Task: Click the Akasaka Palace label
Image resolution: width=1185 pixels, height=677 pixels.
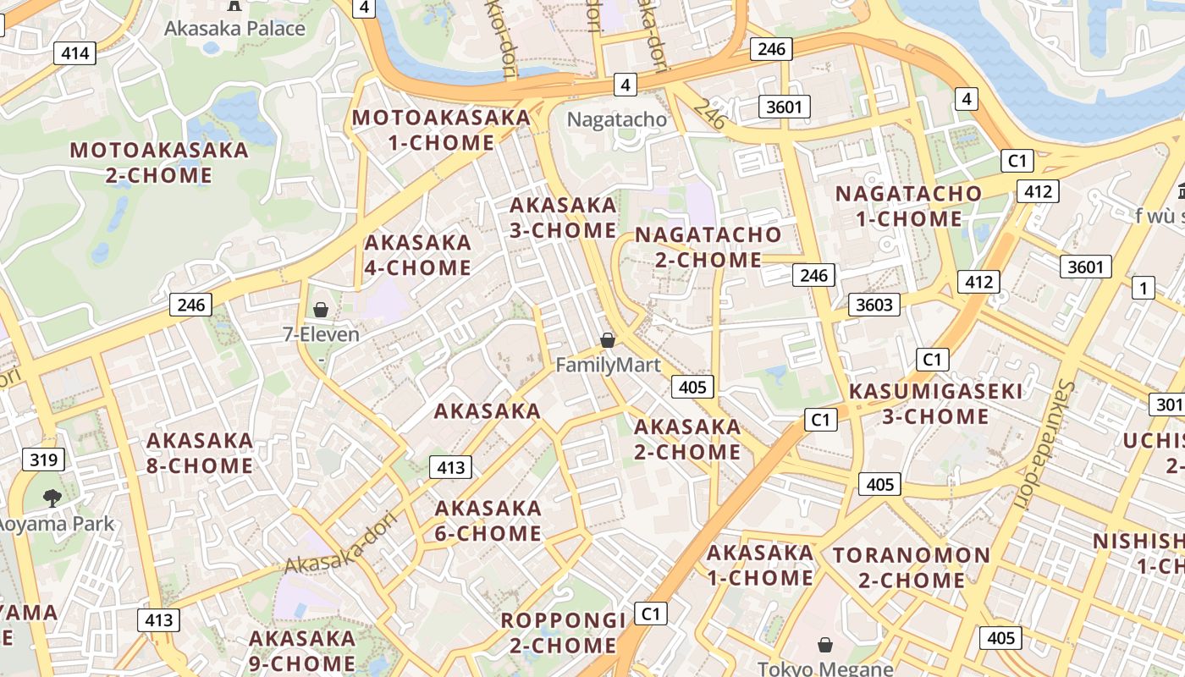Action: coord(234,28)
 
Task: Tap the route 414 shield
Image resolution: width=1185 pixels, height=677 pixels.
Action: coord(74,53)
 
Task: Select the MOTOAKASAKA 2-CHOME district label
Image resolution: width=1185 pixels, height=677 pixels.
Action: coord(159,162)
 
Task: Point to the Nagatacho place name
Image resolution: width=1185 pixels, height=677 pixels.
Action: coord(617,119)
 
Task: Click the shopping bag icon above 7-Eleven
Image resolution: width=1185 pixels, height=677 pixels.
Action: coord(321,310)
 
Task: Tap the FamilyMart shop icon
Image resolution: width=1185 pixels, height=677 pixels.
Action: coord(607,340)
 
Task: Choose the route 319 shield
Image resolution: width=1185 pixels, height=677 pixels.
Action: coord(43,460)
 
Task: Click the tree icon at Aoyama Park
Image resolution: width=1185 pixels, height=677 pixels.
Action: coord(52,498)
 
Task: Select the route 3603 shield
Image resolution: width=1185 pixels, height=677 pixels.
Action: coord(874,305)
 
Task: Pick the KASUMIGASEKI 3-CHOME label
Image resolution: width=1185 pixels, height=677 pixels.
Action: coord(935,404)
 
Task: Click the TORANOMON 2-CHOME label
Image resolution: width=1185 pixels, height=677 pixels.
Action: coord(912,568)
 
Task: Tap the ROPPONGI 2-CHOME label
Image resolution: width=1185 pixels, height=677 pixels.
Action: coord(563,632)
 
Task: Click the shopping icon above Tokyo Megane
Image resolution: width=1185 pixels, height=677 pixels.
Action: coord(825,646)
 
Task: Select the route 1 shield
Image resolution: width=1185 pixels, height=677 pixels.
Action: coord(1144,288)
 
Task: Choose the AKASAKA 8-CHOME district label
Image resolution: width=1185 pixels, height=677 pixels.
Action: coord(200,453)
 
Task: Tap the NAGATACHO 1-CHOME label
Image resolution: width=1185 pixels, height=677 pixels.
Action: coord(909,206)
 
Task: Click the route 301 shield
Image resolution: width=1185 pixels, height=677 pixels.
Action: coord(1167,405)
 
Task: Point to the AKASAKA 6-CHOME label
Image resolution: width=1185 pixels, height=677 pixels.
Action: coord(488,520)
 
